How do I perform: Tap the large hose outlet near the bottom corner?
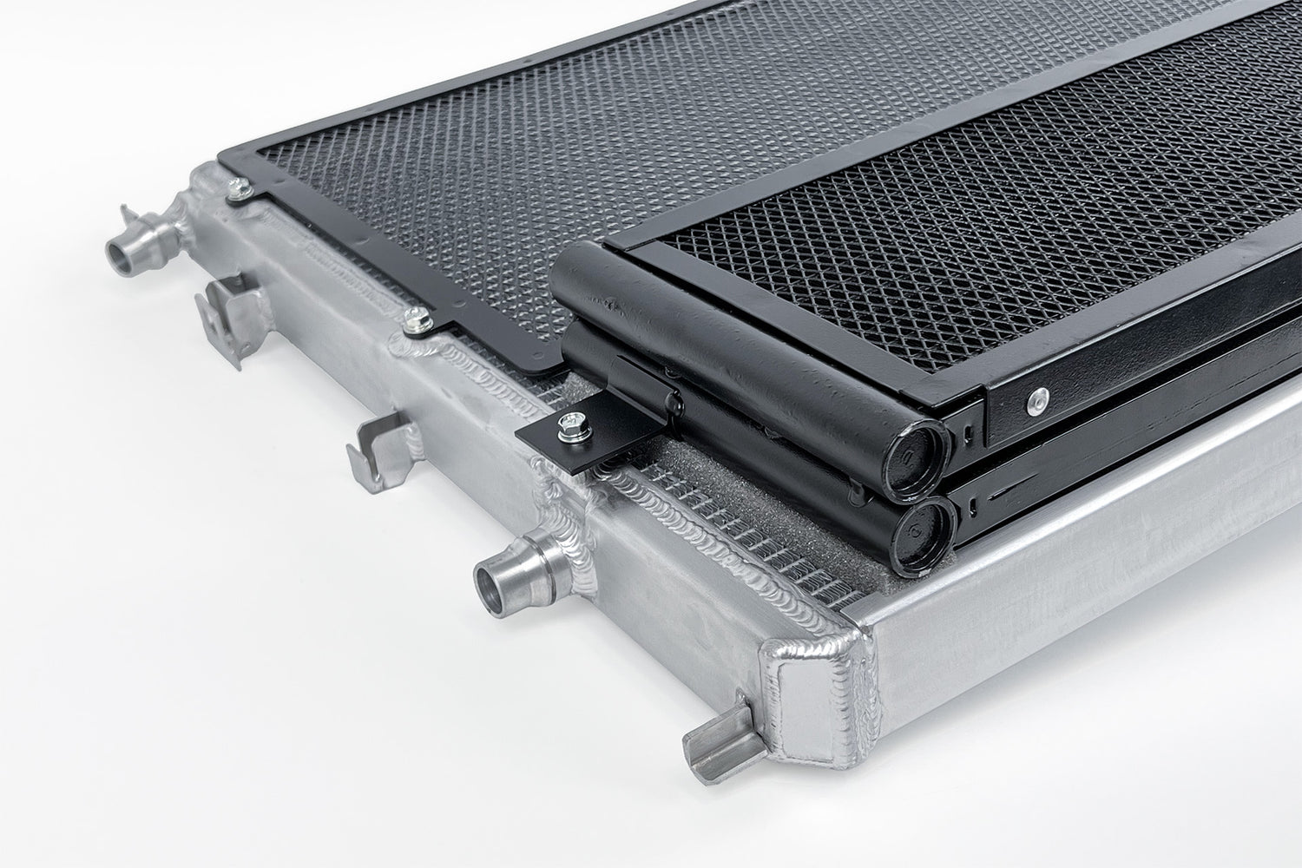(496, 578)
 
